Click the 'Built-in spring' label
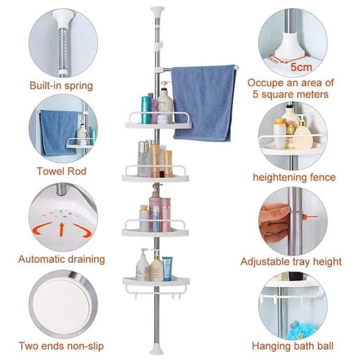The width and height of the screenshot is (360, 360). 61,85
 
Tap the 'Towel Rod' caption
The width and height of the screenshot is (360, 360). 61,171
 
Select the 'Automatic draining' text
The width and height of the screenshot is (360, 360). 61,259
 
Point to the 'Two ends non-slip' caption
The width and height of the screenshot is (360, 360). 61,346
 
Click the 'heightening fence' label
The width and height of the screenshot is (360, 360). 294,177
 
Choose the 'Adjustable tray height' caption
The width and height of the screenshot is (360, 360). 291,261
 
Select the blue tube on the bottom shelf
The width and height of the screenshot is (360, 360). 167,269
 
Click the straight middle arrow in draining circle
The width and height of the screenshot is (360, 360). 62,228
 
